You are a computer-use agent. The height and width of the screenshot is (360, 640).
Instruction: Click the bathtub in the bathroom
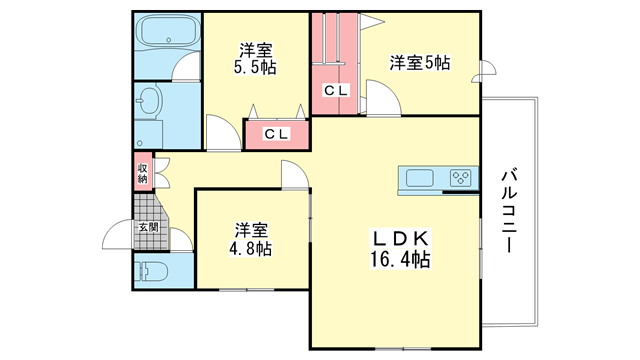click(x=168, y=30)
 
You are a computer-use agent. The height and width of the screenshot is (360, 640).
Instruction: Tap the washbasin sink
click(x=149, y=101)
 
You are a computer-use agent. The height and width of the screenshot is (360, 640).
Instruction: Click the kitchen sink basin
click(x=420, y=178)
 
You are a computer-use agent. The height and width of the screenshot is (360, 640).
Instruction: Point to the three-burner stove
click(x=460, y=178)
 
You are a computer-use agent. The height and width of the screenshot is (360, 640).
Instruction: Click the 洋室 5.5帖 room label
click(x=255, y=59)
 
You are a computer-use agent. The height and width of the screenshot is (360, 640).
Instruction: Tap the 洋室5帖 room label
click(x=420, y=63)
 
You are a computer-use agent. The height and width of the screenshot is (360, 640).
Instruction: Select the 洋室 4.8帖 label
click(x=251, y=239)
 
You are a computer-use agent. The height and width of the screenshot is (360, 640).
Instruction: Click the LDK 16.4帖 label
click(x=400, y=249)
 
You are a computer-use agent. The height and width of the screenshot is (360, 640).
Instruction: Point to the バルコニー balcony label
click(x=509, y=211)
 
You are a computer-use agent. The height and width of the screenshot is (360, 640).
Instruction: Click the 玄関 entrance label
click(x=148, y=227)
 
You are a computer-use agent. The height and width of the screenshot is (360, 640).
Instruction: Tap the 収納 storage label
click(x=142, y=173)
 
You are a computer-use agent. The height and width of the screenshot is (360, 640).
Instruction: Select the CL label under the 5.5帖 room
click(x=276, y=133)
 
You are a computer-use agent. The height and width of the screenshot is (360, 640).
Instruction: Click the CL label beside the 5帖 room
click(x=336, y=91)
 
